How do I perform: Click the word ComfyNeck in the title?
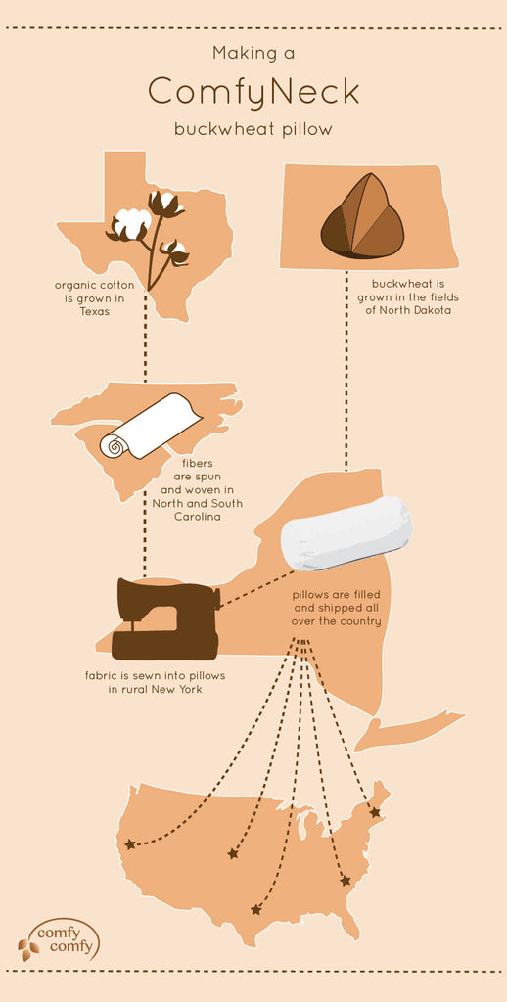tap(253, 91)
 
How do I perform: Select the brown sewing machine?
tap(166, 618)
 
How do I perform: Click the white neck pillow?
tap(346, 533)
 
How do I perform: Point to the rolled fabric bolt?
tap(151, 427)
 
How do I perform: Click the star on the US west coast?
tap(130, 844)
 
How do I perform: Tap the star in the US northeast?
tap(375, 813)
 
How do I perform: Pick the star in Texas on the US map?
tap(256, 909)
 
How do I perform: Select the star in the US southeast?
tap(346, 880)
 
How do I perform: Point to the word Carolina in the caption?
tap(198, 517)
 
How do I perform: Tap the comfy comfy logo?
tap(59, 939)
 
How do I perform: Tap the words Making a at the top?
tap(253, 54)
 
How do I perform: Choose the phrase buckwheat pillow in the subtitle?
tap(253, 130)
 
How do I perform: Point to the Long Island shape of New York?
tap(409, 729)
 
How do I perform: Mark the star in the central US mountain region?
tap(233, 853)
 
